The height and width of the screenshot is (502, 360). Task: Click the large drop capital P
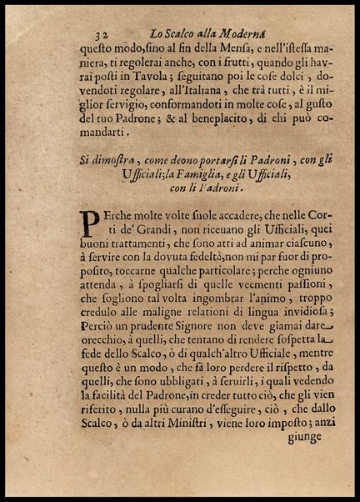click(x=90, y=222)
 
